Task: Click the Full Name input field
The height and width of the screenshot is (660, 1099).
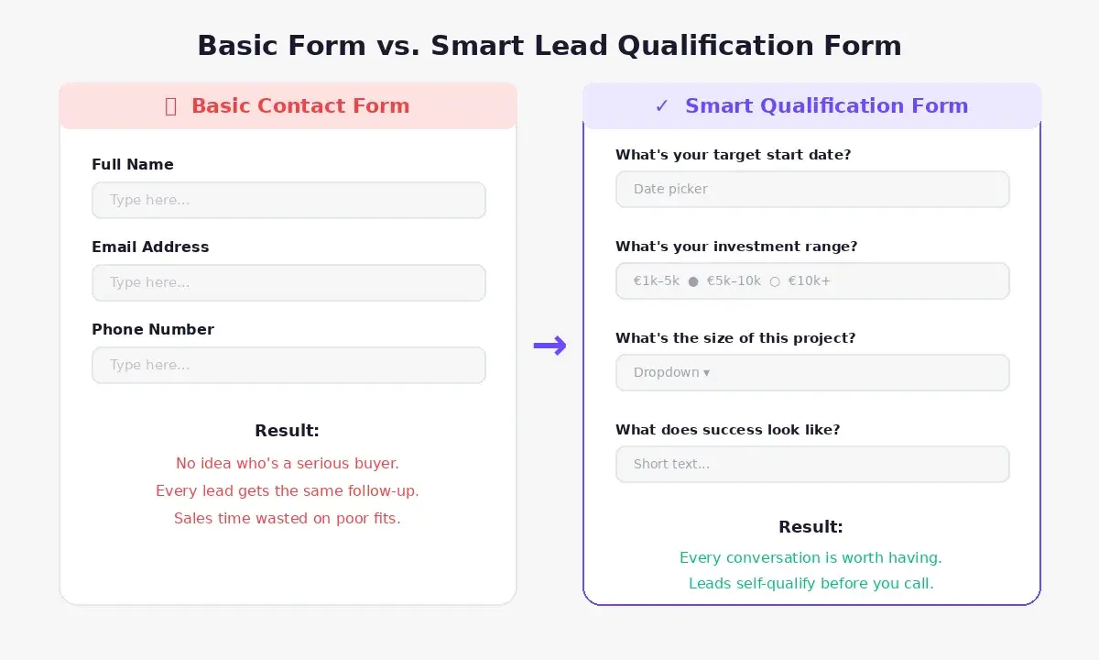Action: click(x=288, y=200)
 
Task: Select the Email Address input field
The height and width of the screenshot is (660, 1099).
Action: click(x=288, y=282)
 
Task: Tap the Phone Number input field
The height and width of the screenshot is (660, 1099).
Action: click(x=288, y=365)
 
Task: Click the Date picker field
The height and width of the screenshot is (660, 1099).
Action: click(x=812, y=189)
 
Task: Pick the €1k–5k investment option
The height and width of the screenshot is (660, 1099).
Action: click(x=657, y=281)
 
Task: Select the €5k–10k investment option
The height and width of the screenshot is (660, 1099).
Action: click(x=734, y=281)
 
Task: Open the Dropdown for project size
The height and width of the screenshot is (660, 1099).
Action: click(x=812, y=372)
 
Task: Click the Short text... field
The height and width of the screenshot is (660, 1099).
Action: click(x=812, y=464)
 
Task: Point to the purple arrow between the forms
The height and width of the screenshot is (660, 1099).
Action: click(x=549, y=346)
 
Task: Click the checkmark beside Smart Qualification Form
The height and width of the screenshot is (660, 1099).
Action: click(x=662, y=106)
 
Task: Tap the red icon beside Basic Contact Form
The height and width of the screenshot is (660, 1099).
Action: click(x=170, y=106)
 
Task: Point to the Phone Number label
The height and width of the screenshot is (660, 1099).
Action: click(x=153, y=329)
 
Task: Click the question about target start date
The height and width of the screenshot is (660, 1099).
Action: click(x=733, y=155)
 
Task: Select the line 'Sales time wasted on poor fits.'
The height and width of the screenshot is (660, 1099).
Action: click(x=288, y=518)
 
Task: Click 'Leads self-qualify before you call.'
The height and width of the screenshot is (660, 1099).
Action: click(x=811, y=583)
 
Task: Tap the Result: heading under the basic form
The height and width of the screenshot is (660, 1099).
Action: click(x=287, y=431)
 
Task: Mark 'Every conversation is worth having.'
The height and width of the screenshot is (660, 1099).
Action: click(x=811, y=557)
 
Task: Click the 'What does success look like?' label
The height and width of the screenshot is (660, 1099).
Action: click(x=727, y=430)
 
